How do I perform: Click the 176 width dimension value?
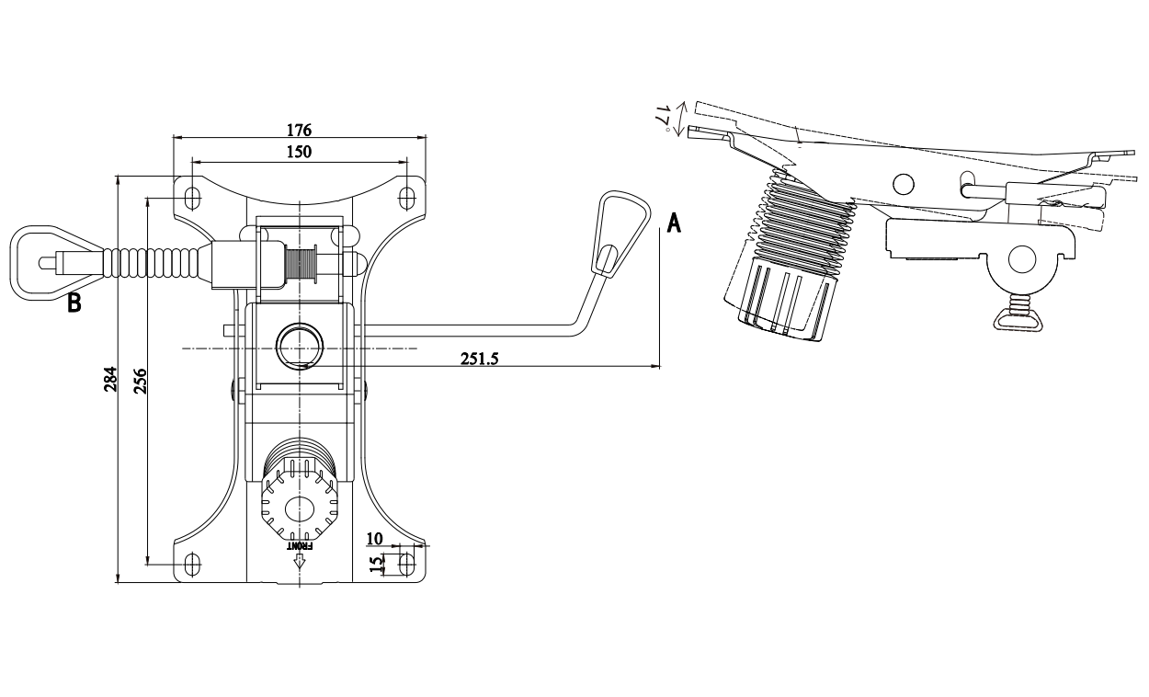pos(299,130)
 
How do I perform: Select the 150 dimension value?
pos(299,152)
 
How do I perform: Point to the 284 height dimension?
pos(111,379)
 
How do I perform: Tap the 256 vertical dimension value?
pos(141,381)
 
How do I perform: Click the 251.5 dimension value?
pos(479,359)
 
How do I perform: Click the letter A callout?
pos(674,223)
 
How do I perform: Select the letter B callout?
pos(74,303)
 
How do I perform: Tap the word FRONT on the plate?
pos(299,546)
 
